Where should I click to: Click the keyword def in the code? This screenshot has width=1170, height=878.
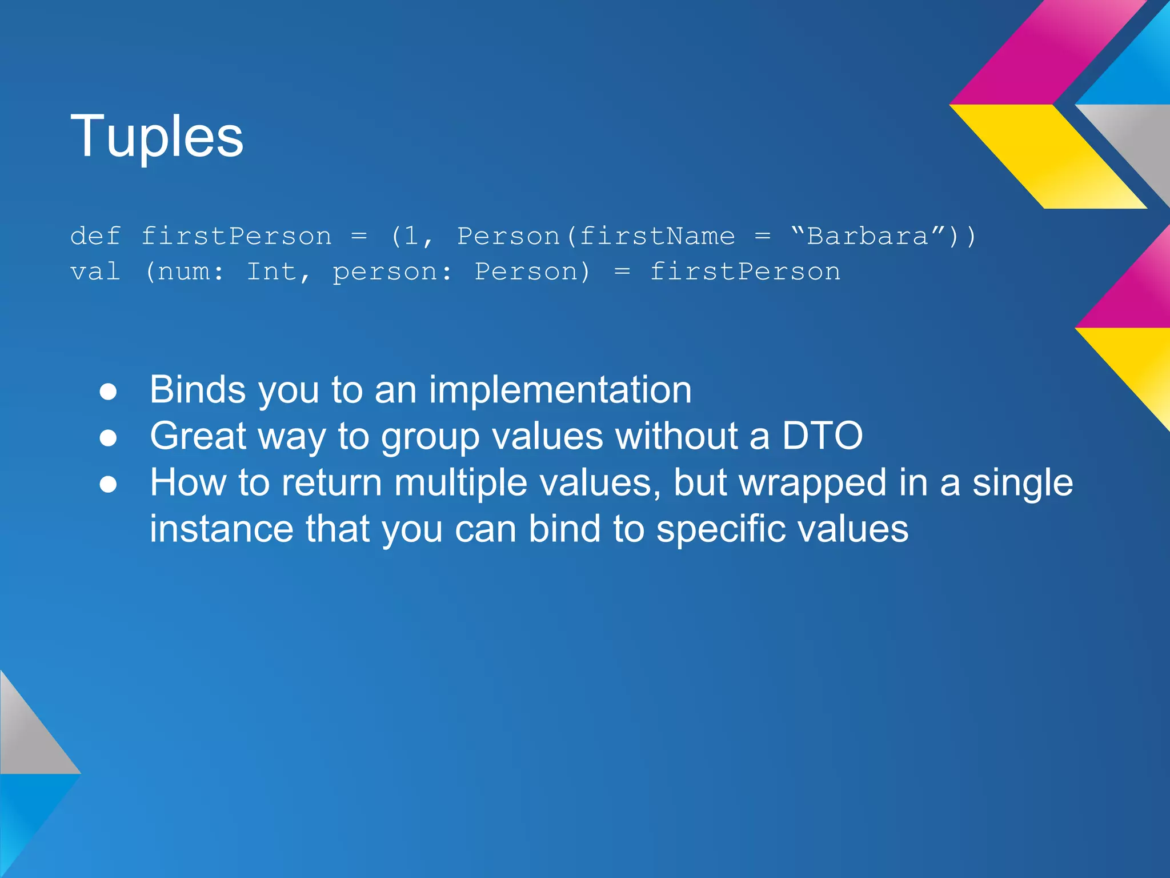95,236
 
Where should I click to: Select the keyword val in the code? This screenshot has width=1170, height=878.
95,272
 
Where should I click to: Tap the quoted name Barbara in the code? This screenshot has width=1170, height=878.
868,236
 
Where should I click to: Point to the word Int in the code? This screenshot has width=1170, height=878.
271,272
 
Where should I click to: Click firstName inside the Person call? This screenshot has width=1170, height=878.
657,236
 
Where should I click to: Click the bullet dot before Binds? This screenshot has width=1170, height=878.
108,392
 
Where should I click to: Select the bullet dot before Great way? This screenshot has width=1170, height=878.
108,438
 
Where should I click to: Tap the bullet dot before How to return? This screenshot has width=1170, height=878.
108,485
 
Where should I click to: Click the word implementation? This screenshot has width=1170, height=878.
560,390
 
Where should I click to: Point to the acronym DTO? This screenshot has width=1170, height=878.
822,436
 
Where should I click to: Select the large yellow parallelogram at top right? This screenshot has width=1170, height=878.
1048,155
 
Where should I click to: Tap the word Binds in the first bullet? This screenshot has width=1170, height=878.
198,390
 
